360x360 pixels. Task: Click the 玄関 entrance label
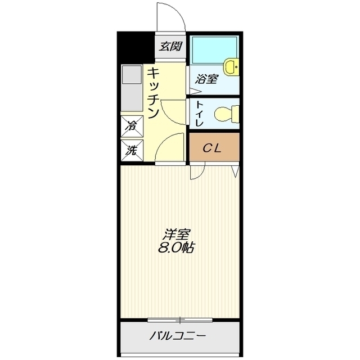[x=170, y=46]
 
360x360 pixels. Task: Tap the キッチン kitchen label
[x=153, y=93]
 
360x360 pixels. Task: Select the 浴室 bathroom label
[x=206, y=79]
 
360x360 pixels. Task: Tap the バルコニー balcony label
[x=178, y=337]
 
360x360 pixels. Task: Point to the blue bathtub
[x=215, y=51]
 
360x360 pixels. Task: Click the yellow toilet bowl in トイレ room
[x=225, y=113]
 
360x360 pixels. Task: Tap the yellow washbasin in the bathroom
[x=231, y=67]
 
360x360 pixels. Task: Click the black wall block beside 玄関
[x=136, y=46]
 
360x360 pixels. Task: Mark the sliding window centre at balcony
[x=180, y=321]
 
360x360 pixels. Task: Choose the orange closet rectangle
[x=214, y=147]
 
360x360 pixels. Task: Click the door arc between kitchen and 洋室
[x=170, y=147]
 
